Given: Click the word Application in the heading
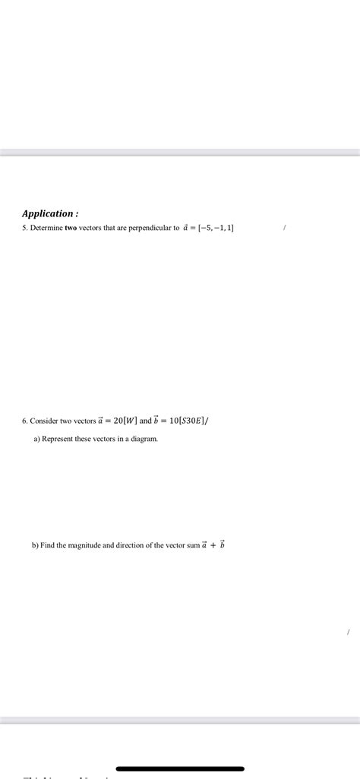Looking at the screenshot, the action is coord(47,213).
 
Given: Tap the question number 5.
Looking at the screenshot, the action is coord(24,228).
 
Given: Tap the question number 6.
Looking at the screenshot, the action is coord(24,421).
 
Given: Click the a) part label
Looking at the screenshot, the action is coord(36,439).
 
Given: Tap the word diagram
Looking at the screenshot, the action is coord(144,439).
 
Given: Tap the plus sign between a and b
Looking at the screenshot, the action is coord(213,545).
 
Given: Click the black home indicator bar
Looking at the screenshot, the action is coord(180,768).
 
